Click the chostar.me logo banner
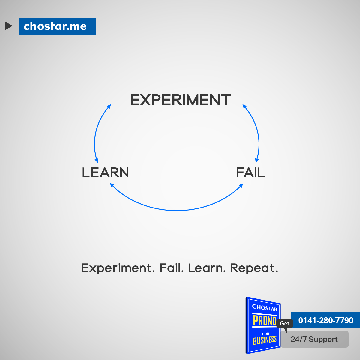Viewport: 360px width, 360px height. coord(57,26)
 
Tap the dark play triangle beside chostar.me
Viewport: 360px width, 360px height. coord(9,26)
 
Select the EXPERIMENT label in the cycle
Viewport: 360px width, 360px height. coord(181,100)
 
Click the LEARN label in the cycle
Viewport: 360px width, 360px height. coord(106,172)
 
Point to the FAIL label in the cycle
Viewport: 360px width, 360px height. coord(250,172)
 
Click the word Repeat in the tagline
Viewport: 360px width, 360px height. coord(254,268)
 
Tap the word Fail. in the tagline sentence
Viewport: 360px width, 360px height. coord(172,268)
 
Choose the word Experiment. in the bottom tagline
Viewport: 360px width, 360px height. coord(118,268)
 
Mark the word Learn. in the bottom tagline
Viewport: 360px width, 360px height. coord(207,268)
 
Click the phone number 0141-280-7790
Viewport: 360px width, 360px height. coord(326,320)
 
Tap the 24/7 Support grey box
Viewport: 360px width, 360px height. coord(315,339)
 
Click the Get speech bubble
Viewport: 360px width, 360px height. coord(284,324)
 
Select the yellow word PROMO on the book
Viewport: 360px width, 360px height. coord(265,321)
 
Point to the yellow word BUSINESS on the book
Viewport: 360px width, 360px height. coord(265,340)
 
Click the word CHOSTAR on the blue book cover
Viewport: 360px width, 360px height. coord(265,308)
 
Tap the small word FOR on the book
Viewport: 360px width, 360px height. coord(266,334)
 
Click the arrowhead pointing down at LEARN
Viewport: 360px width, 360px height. coord(97,160)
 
